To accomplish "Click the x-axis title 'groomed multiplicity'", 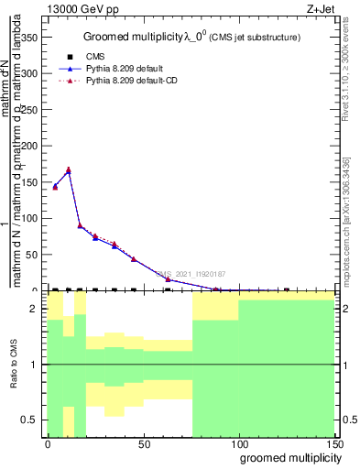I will pos(286,457).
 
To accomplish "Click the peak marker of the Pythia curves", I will pos(69,170).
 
